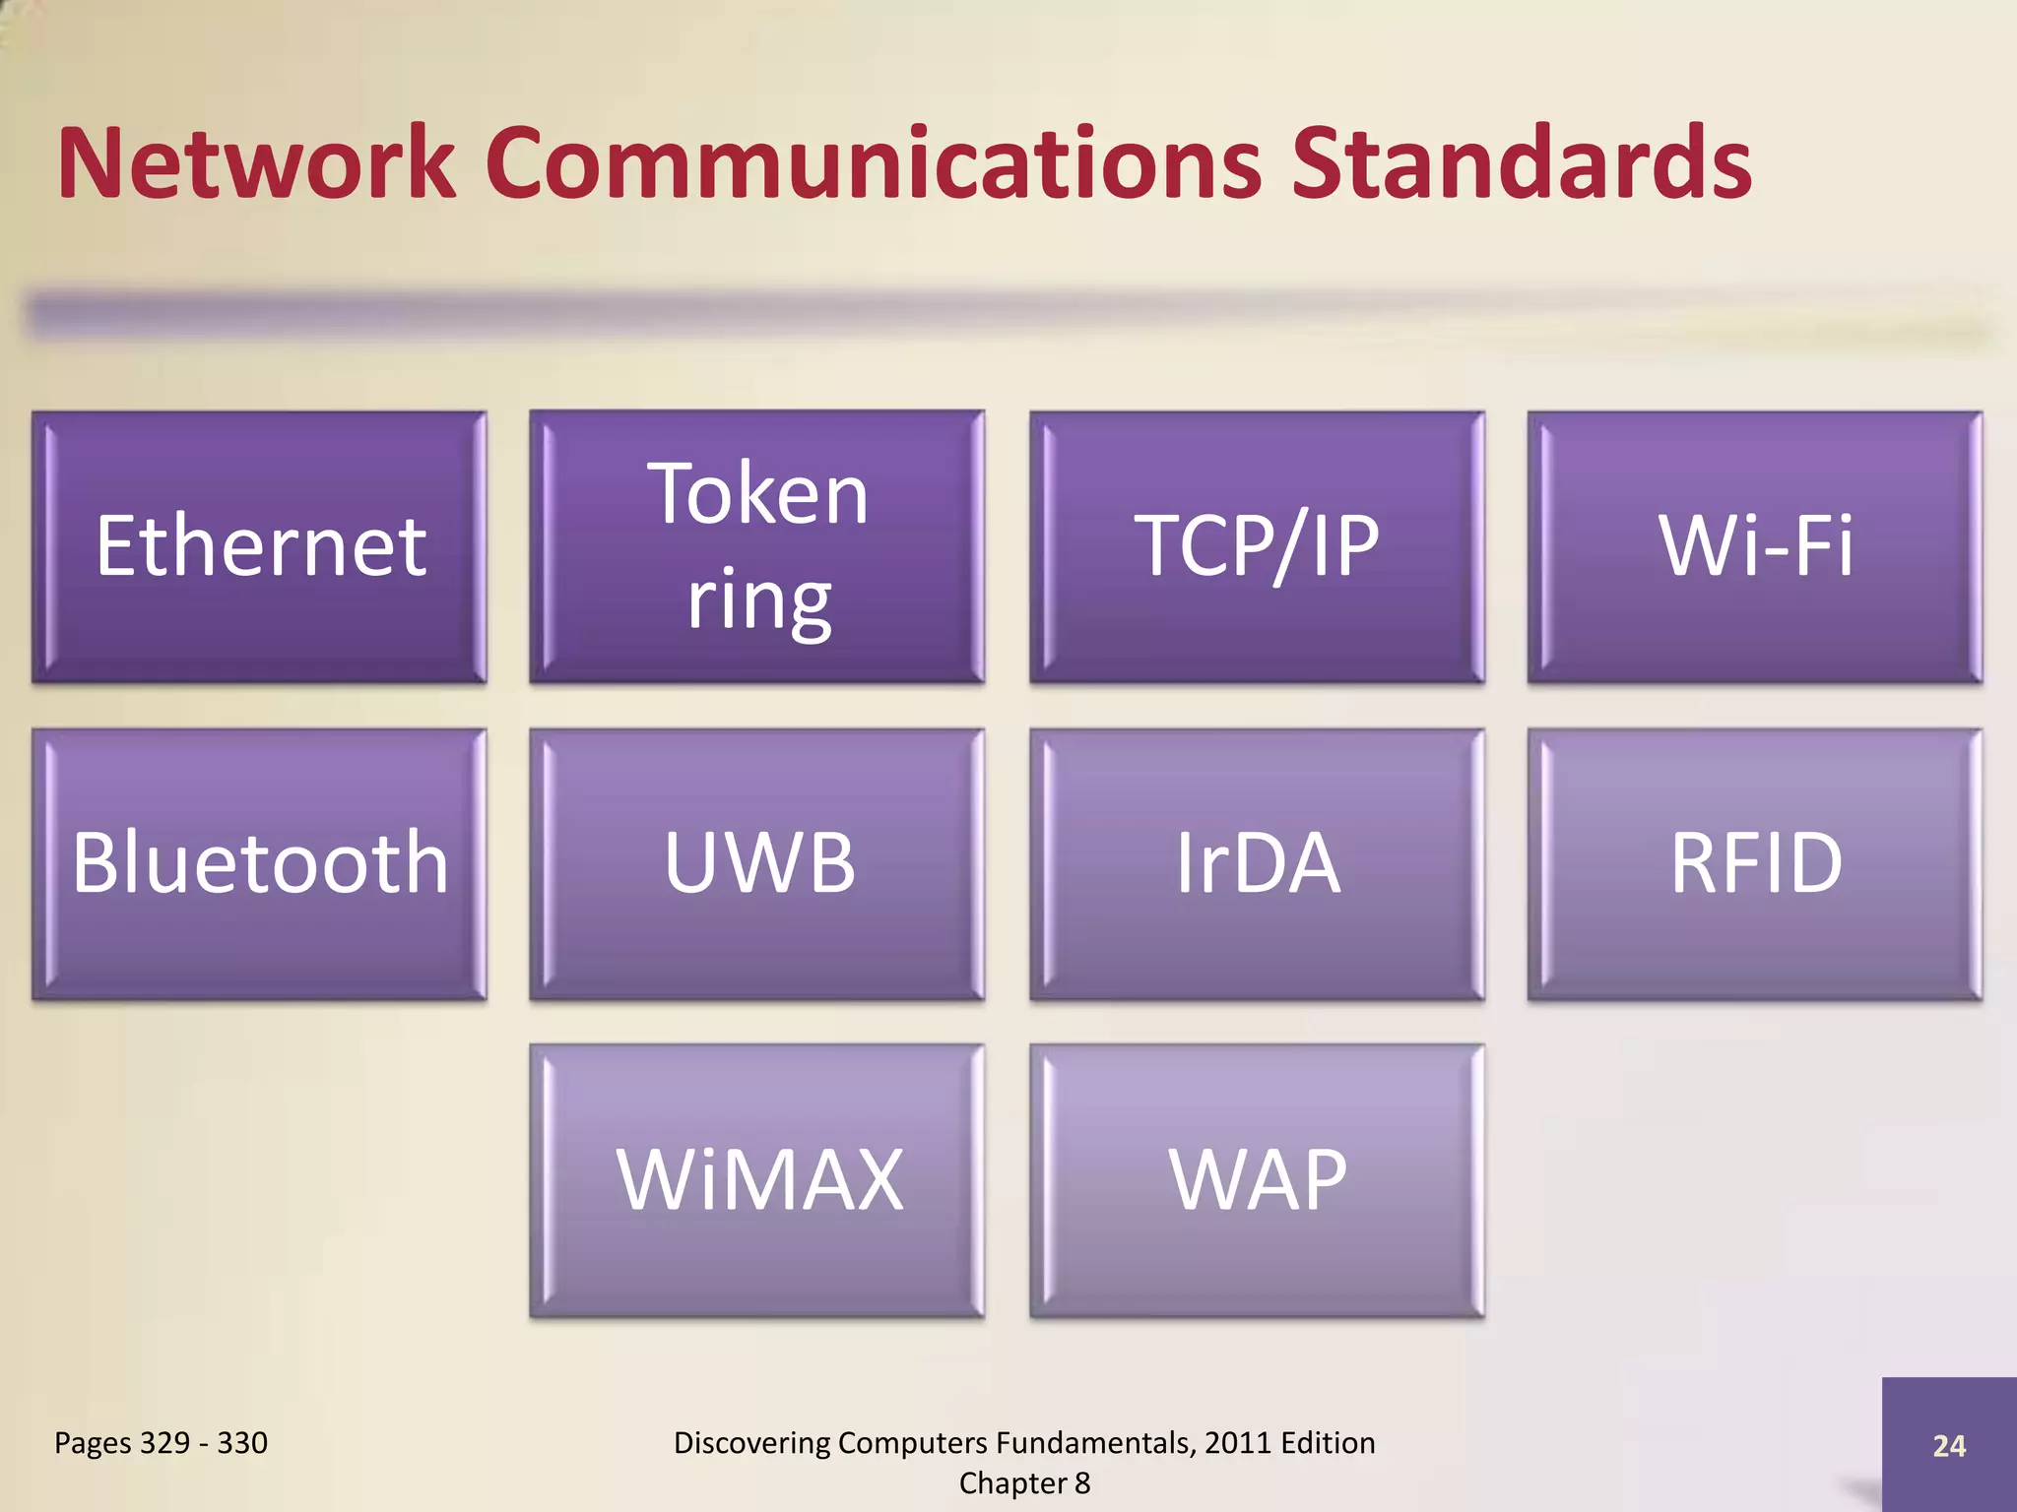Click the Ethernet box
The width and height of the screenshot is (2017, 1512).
(x=259, y=547)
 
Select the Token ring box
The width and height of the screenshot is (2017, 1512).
(x=757, y=547)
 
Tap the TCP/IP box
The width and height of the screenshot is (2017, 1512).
(x=1257, y=547)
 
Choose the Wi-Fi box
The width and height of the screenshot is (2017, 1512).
(x=1755, y=547)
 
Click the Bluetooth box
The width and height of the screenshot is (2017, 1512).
(x=259, y=864)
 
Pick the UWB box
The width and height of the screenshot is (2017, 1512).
(x=757, y=864)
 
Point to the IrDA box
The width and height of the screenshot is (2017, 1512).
(x=1257, y=864)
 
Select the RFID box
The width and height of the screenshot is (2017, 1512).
(x=1755, y=864)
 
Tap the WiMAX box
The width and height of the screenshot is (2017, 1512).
(x=757, y=1180)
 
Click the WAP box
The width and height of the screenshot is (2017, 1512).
(x=1257, y=1180)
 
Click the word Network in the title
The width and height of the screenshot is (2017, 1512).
(x=256, y=163)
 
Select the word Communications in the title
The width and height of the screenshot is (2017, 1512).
(x=873, y=163)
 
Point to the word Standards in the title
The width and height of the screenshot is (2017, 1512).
(x=1522, y=163)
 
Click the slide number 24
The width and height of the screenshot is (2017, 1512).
(x=1949, y=1445)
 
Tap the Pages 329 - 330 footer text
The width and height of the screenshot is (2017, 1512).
(x=161, y=1443)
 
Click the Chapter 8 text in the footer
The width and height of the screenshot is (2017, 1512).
(x=1024, y=1483)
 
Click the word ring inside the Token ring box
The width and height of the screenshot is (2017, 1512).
(x=758, y=600)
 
